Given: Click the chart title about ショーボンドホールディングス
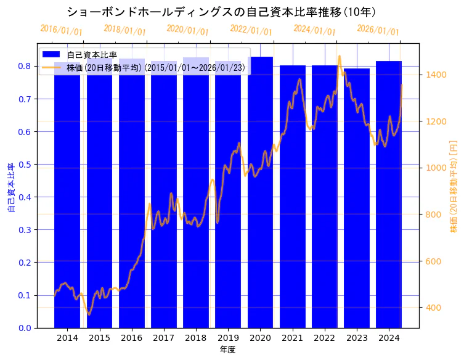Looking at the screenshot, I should tap(221, 12).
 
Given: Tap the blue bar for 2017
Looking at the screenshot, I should tap(164, 197).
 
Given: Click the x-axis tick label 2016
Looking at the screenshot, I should tap(131, 338).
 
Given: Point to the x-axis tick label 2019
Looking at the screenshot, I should tap(228, 338).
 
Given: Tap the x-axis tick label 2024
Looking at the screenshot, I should tap(389, 338).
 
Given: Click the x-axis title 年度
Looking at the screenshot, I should tap(228, 350).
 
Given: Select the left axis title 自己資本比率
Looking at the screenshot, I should tap(10, 188).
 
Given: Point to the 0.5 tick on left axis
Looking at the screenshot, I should tap(25, 165).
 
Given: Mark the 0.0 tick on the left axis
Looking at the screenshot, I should tap(25, 328).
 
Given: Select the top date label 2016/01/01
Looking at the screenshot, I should tap(61, 30).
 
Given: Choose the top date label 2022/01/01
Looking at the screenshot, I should tap(251, 30).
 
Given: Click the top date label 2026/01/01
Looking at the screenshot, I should tap(378, 30).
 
